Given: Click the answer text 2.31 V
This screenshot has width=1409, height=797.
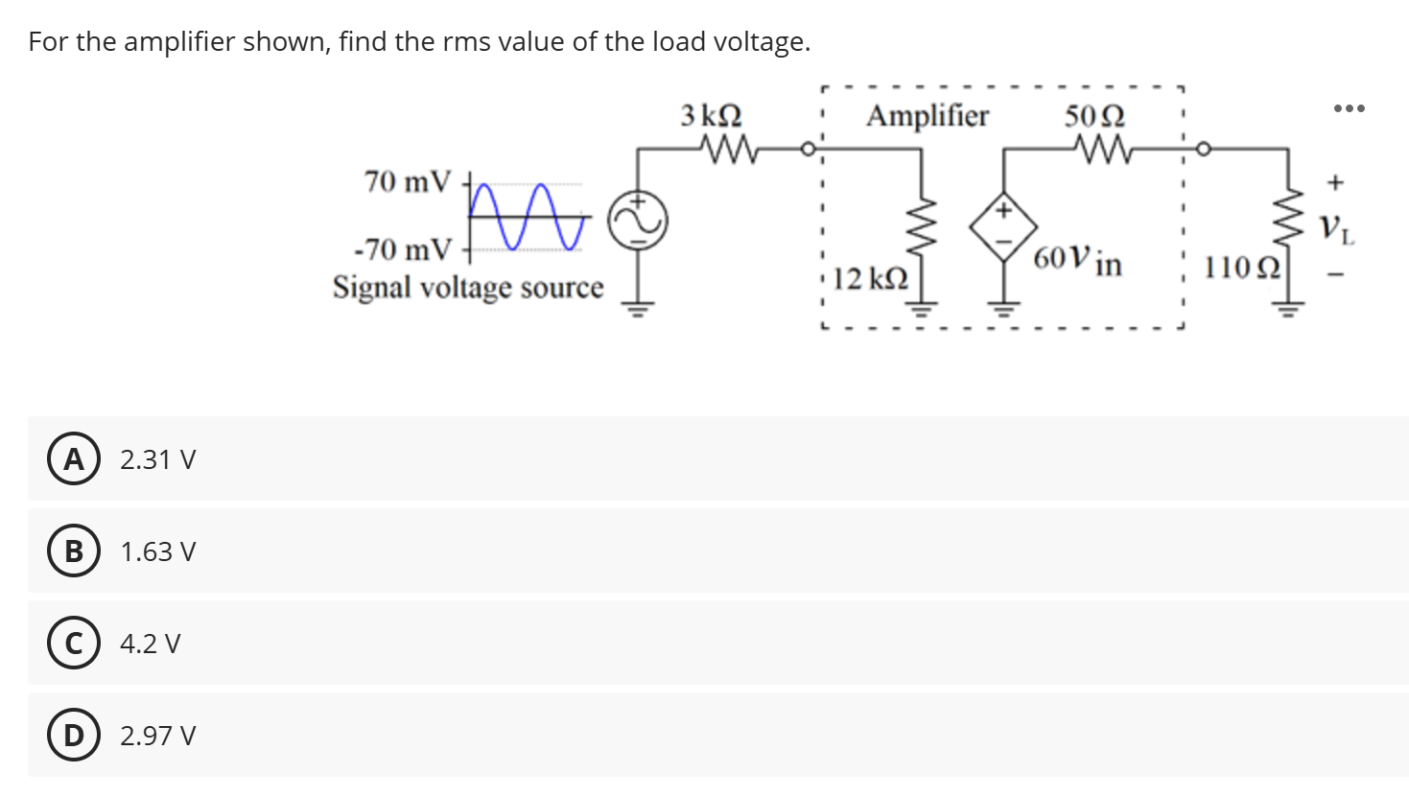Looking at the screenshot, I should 157,459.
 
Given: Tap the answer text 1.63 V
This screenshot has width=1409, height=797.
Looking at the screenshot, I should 157,551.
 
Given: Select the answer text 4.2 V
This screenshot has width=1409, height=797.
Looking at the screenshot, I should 150,644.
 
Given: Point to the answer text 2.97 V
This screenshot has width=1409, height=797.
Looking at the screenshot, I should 157,736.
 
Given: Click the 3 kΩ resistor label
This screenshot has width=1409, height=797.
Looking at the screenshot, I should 711,116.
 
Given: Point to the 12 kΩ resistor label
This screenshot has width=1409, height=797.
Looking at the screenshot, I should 869,279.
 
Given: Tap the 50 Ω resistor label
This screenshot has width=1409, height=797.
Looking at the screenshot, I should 1094,116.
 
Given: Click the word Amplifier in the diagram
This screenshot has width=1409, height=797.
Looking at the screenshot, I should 927,116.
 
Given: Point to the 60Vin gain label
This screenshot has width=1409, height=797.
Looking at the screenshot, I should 1078,260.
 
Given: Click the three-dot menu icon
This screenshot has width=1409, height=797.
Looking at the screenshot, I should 1348,107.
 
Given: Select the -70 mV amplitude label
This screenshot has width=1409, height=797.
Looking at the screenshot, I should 402,250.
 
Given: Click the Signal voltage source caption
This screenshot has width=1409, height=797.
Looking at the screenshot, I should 468,287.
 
